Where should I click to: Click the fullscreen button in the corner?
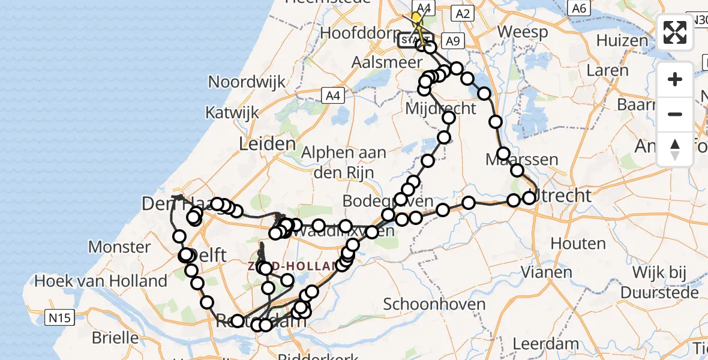click(x=675, y=32)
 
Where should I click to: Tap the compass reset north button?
click(x=675, y=149)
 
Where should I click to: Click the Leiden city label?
click(x=267, y=143)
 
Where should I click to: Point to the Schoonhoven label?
click(x=434, y=304)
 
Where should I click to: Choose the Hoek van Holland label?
click(x=101, y=281)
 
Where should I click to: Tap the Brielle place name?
click(x=115, y=337)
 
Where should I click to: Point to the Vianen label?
click(x=547, y=272)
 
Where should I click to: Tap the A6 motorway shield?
click(x=578, y=8)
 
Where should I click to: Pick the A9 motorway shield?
click(x=452, y=41)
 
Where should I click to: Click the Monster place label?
click(x=119, y=247)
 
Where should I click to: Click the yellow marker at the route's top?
click(x=416, y=17)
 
